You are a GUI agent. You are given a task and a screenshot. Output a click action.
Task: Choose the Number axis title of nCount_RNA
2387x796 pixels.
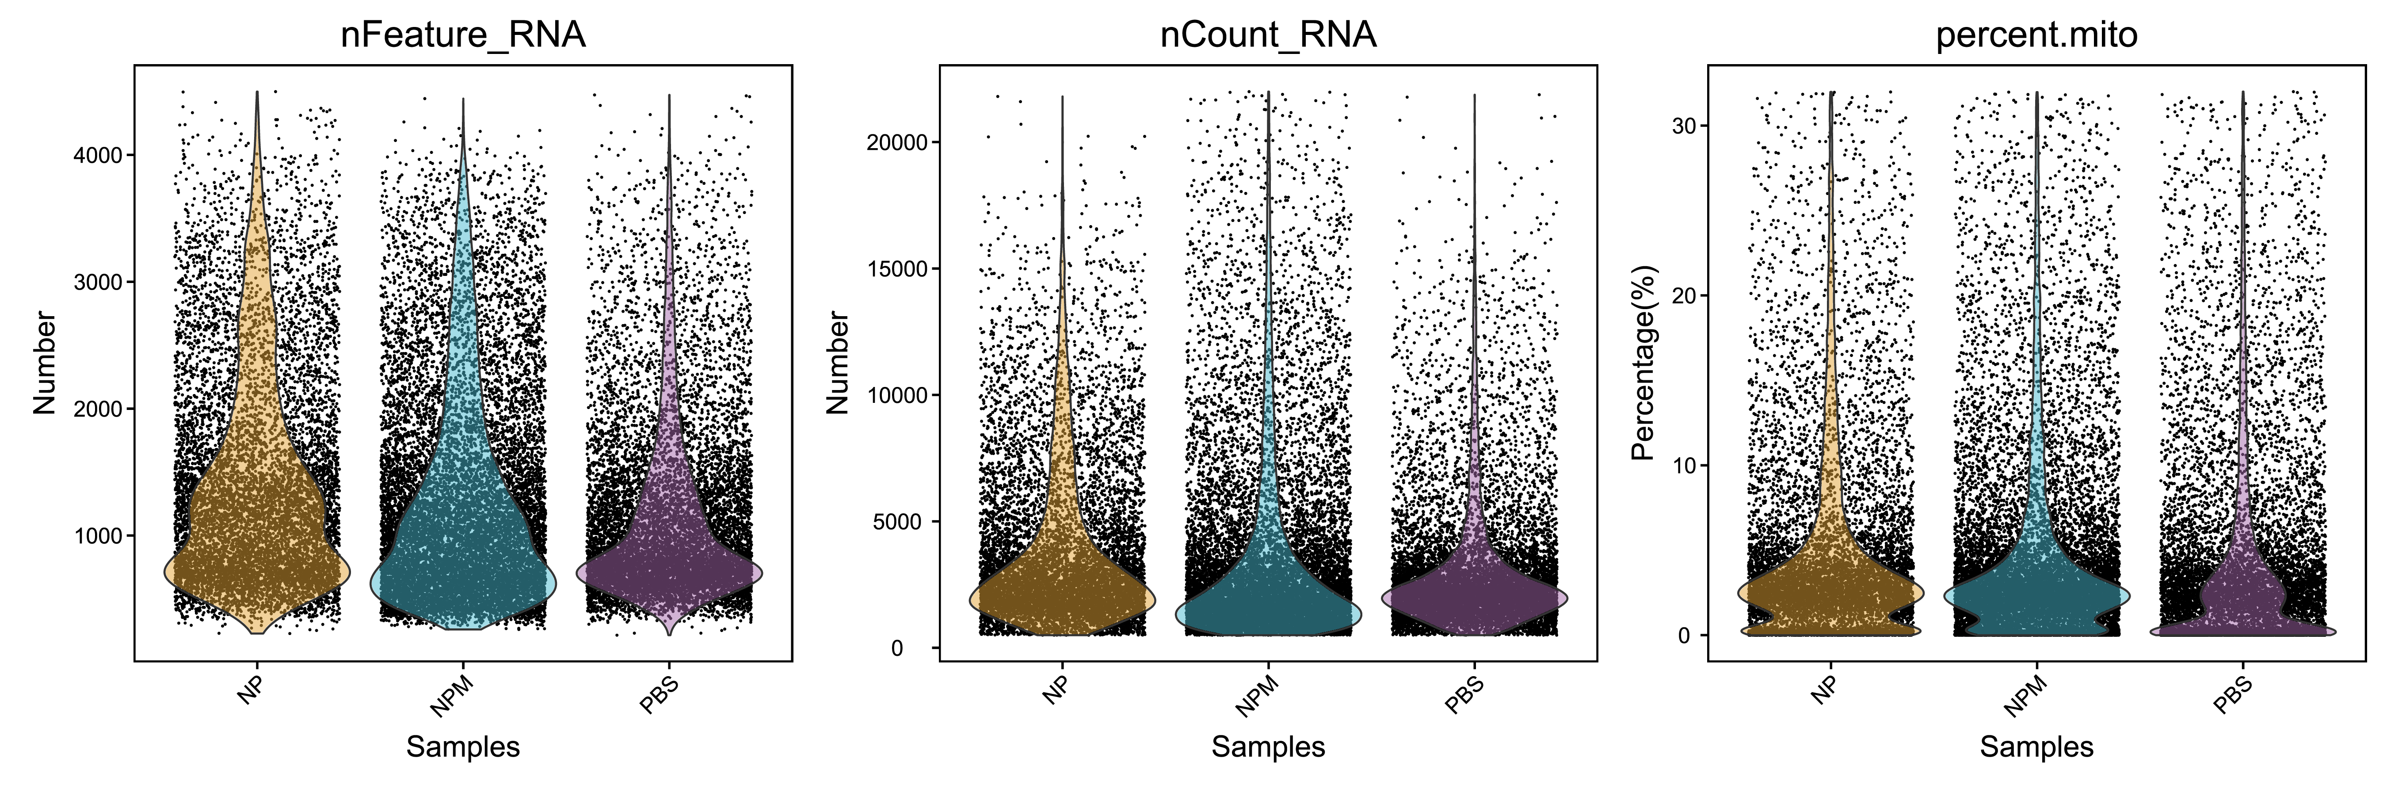(837, 363)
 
